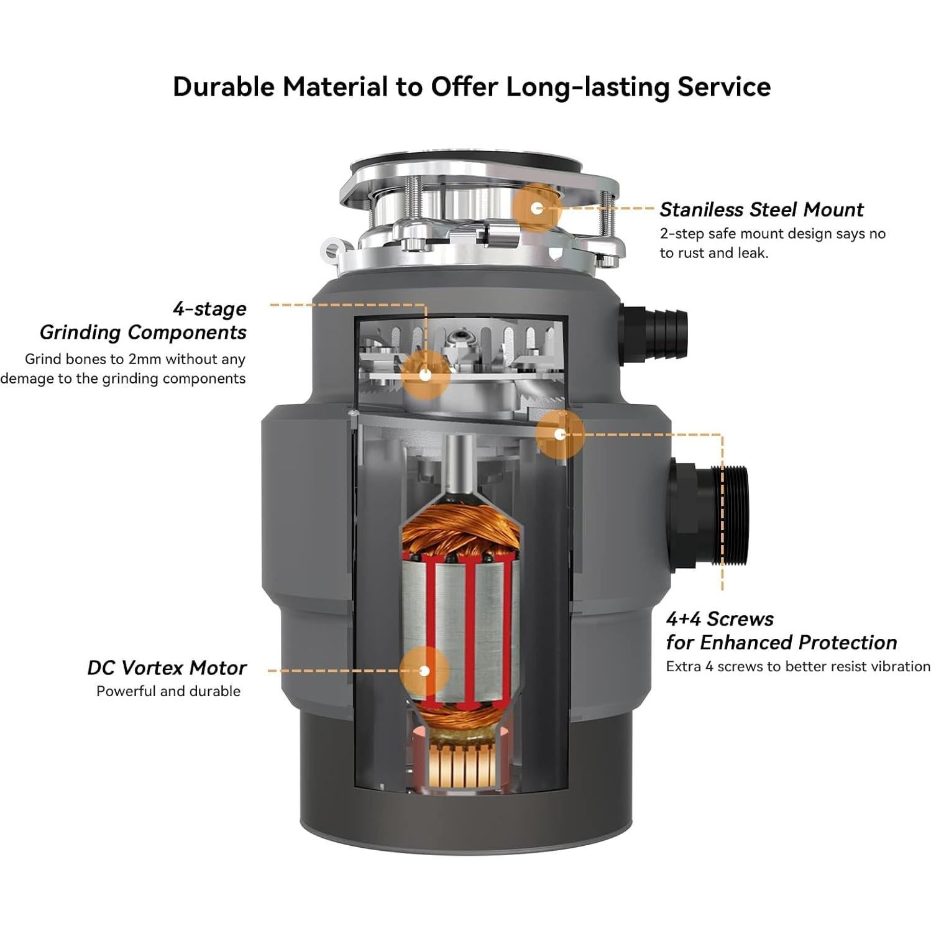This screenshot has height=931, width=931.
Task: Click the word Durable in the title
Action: [x=223, y=87]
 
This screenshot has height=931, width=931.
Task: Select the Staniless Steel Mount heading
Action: [x=761, y=210]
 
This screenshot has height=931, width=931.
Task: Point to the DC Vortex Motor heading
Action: [x=167, y=668]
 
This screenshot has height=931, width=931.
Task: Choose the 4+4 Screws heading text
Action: [x=720, y=619]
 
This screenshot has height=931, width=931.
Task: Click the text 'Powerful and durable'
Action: [x=168, y=691]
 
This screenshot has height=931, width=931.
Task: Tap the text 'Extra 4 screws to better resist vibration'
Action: [x=798, y=667]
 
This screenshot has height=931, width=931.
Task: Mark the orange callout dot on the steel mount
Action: [x=537, y=208]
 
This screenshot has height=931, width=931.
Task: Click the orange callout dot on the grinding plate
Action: [x=425, y=375]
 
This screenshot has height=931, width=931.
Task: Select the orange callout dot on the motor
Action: [x=424, y=671]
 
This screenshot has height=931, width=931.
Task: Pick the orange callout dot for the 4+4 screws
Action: [x=560, y=434]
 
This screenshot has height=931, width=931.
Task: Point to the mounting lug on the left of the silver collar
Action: [x=332, y=250]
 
